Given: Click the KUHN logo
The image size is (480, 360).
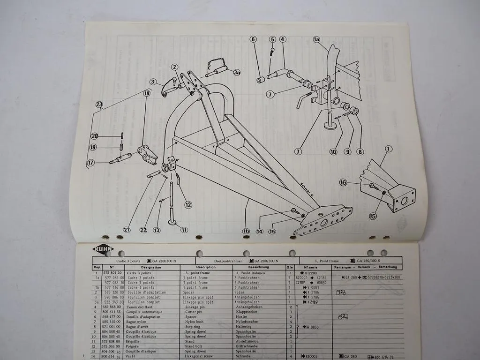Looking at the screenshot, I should coord(103,249).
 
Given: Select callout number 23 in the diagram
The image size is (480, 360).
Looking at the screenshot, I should coord(99,105).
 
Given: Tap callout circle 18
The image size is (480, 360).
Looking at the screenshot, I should coord(147,94).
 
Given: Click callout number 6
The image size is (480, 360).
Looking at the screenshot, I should coord(254,39).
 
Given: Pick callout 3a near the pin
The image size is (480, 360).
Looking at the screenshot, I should coord(237,73).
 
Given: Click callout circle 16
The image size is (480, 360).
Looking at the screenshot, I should coord(343,182).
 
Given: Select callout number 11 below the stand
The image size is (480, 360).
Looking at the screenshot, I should coord(184,230).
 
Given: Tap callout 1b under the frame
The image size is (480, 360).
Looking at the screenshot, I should coord(246,231).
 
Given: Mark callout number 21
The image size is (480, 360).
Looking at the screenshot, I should coord(127,229).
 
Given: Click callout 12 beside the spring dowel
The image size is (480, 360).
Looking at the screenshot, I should coord(188,204).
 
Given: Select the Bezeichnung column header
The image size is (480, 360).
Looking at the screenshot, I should coord(248,267).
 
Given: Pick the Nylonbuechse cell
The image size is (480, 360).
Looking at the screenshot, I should coord(247,322).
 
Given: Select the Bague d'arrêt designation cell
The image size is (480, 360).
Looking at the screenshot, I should coord(141,327).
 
